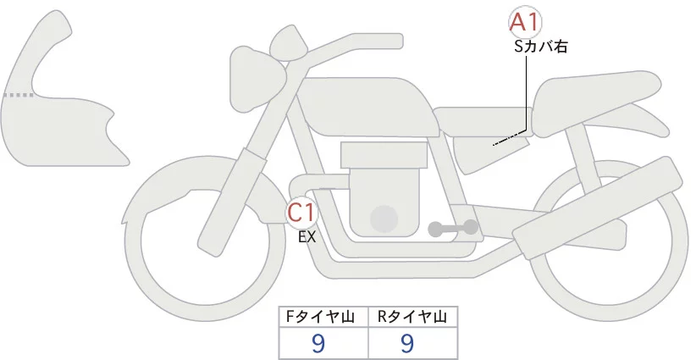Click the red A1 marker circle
coord(525,22)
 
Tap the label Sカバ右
coord(540,47)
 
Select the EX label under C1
coord(307,238)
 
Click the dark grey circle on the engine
coord(385,219)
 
